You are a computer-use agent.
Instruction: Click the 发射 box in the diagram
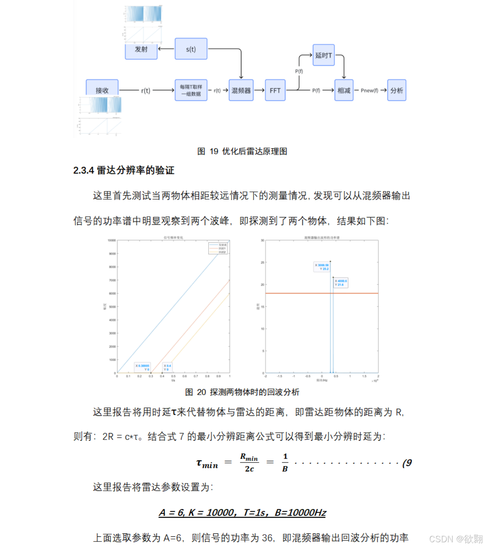(141, 50)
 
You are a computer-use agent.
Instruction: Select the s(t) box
(191, 49)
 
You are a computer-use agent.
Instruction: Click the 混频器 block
(241, 90)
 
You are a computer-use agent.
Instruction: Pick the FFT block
(275, 90)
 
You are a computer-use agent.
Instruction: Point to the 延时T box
(324, 55)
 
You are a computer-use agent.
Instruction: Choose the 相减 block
(344, 90)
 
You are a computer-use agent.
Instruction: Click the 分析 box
(397, 90)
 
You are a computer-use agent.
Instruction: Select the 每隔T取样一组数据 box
(191, 90)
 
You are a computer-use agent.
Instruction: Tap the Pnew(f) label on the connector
(369, 90)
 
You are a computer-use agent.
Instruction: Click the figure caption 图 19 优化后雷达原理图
(242, 151)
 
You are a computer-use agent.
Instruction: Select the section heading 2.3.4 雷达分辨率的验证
(124, 170)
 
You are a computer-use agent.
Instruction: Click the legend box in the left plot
(218, 248)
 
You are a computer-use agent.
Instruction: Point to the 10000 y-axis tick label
(112, 240)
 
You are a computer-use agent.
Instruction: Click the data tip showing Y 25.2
(322, 267)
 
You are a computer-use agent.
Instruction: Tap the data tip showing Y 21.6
(341, 283)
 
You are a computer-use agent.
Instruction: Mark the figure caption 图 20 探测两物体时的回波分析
(242, 392)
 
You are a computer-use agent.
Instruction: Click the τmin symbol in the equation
(207, 464)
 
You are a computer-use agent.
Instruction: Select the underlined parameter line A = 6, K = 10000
(242, 513)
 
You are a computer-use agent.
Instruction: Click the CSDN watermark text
(456, 539)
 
